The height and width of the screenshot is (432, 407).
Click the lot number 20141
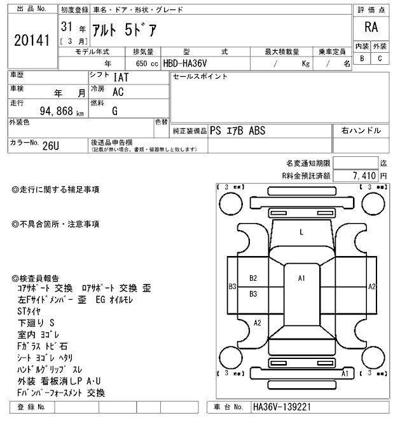coord(31,41)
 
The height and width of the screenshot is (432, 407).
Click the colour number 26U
coord(50,146)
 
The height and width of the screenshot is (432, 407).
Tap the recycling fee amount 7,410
coord(363,175)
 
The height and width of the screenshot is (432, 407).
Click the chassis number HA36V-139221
coord(282,407)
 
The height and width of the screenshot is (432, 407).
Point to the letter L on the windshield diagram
coord(301,233)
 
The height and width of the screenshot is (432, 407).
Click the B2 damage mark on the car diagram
coord(253,278)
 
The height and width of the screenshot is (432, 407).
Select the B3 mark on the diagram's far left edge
coord(232,287)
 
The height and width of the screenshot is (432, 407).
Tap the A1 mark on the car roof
coord(302,278)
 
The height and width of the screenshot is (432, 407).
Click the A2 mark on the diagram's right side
coord(372,287)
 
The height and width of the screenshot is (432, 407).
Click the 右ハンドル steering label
coord(361,131)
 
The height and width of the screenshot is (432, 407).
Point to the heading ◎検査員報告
coord(36,278)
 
